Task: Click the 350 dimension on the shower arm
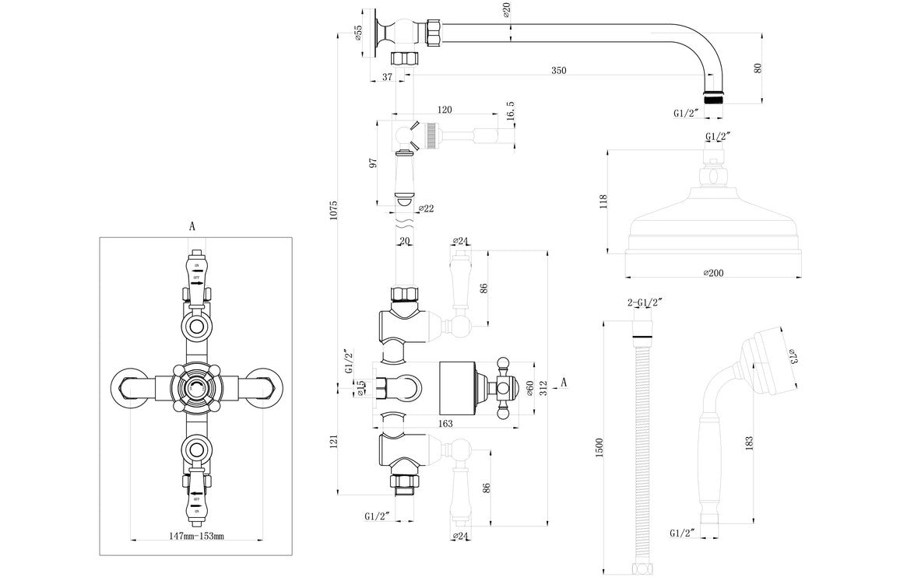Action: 558,71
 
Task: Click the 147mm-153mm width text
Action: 196,536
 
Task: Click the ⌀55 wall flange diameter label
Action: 358,33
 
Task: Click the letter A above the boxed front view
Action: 192,226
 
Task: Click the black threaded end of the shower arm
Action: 714,99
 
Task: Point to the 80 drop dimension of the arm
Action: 758,68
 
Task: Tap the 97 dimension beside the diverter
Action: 374,163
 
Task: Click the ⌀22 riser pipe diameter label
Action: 426,208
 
